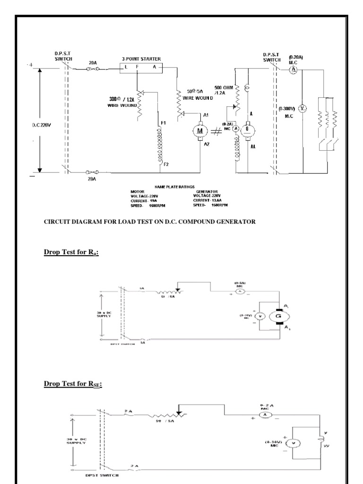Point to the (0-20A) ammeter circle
pyautogui.click(x=293, y=69)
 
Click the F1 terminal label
pyautogui.click(x=163, y=123)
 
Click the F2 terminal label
pyautogui.click(x=166, y=164)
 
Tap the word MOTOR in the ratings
pyautogui.click(x=138, y=191)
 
